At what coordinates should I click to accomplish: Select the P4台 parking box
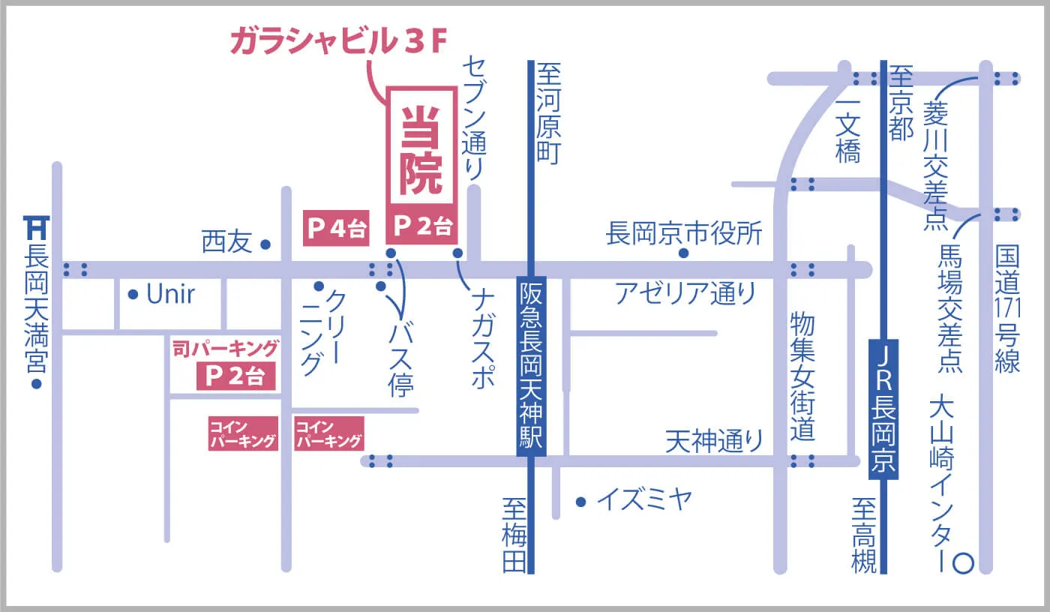[335, 228]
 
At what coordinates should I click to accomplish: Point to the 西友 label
[226, 243]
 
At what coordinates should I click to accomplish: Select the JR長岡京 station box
[883, 408]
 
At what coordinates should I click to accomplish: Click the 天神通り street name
[714, 441]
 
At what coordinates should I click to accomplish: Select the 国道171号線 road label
[1007, 307]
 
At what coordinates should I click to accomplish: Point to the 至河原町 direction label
[548, 112]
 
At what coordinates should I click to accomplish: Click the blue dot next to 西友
[265, 244]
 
